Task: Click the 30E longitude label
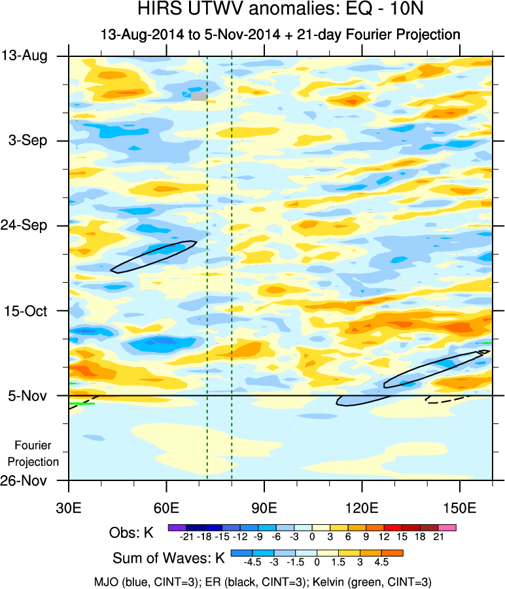point(69,508)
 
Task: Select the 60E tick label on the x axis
point(167,508)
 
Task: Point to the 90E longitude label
point(264,508)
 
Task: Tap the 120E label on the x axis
point(362,508)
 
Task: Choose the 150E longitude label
point(460,508)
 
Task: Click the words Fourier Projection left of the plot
point(37,454)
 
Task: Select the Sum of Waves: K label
point(168,558)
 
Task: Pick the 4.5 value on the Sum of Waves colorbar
point(381,562)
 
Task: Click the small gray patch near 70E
point(198,96)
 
